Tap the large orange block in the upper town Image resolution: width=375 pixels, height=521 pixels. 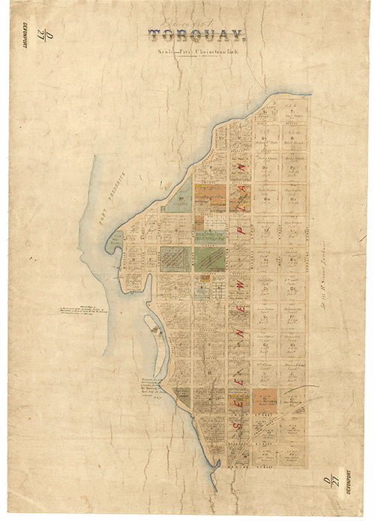pyautogui.click(x=210, y=197)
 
